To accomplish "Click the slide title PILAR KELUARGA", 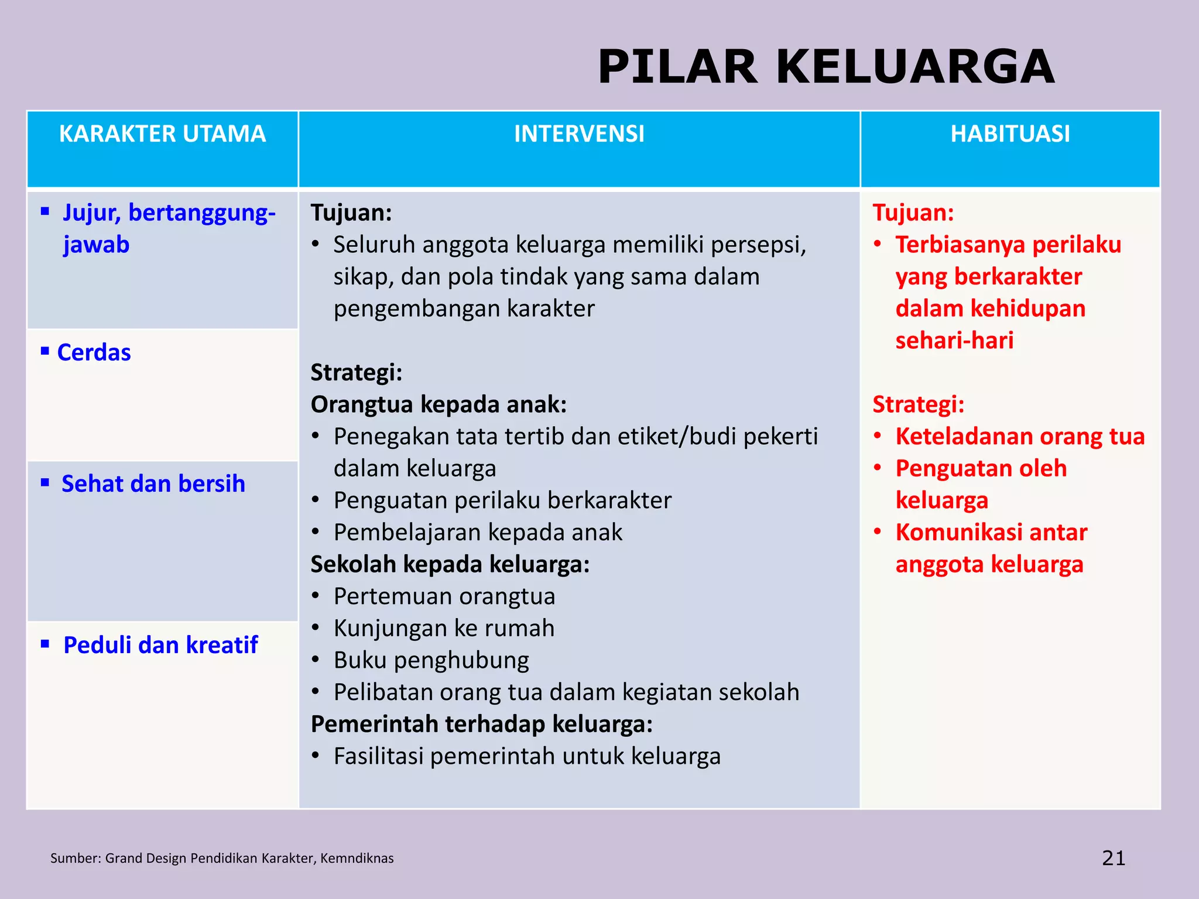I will coord(825,67).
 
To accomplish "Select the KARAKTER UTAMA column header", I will coord(162,134).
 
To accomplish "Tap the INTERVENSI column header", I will coord(579,134).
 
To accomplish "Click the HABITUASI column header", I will coord(1010,134).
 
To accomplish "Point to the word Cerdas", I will coord(94,353).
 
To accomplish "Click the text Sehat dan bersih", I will coord(153,484).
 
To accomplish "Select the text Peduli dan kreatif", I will coord(160,645).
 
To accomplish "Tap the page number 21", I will coord(1114,858).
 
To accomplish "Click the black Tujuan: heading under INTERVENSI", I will coord(351,213).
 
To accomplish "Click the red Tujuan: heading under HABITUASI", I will coord(913,213).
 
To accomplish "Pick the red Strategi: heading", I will coord(918,404).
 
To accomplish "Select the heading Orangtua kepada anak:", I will coord(439,404).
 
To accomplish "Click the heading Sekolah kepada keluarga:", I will coord(450,564).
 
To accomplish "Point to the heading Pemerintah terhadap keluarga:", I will coord(481,724).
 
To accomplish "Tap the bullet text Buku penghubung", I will coord(431,660).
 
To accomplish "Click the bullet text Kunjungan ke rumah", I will coord(444,628).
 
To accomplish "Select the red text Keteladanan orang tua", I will coord(1020,437).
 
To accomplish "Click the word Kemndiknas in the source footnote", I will coord(357,859).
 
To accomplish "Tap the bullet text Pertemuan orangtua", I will coord(444,596).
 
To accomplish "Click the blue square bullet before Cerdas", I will coord(45,351).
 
